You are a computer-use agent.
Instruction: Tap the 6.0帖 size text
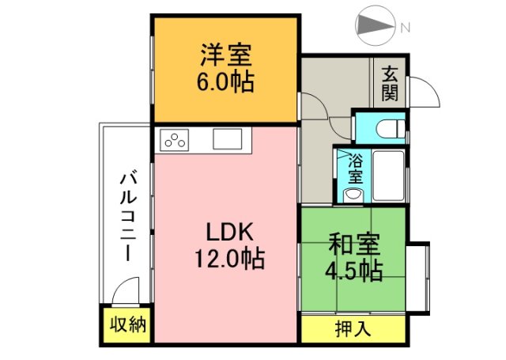tap(226, 81)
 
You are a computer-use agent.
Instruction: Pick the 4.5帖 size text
tap(353, 271)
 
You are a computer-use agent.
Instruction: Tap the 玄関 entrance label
tap(390, 83)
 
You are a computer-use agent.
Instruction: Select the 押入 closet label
tap(353, 329)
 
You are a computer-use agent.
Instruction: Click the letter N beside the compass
tap(405, 28)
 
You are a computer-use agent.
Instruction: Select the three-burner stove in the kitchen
tap(176, 142)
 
